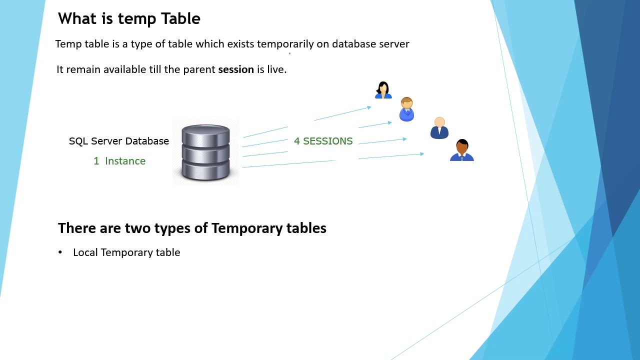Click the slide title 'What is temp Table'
(x=129, y=19)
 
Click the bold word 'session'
(x=236, y=69)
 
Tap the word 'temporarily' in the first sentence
(x=285, y=44)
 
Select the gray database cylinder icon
(x=205, y=152)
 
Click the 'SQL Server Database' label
(x=119, y=141)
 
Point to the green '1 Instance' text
(x=119, y=161)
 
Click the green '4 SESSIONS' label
(x=323, y=141)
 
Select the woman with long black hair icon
(x=383, y=90)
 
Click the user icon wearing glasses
(x=406, y=109)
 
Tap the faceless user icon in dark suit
(x=439, y=128)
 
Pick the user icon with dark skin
(x=462, y=150)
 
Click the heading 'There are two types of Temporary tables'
(x=192, y=228)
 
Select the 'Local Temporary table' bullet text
(x=126, y=252)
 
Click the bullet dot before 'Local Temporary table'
(x=60, y=252)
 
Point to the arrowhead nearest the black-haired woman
(x=369, y=107)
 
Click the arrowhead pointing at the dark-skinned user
(x=422, y=154)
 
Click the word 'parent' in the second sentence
(x=199, y=69)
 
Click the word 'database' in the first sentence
(x=353, y=44)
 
